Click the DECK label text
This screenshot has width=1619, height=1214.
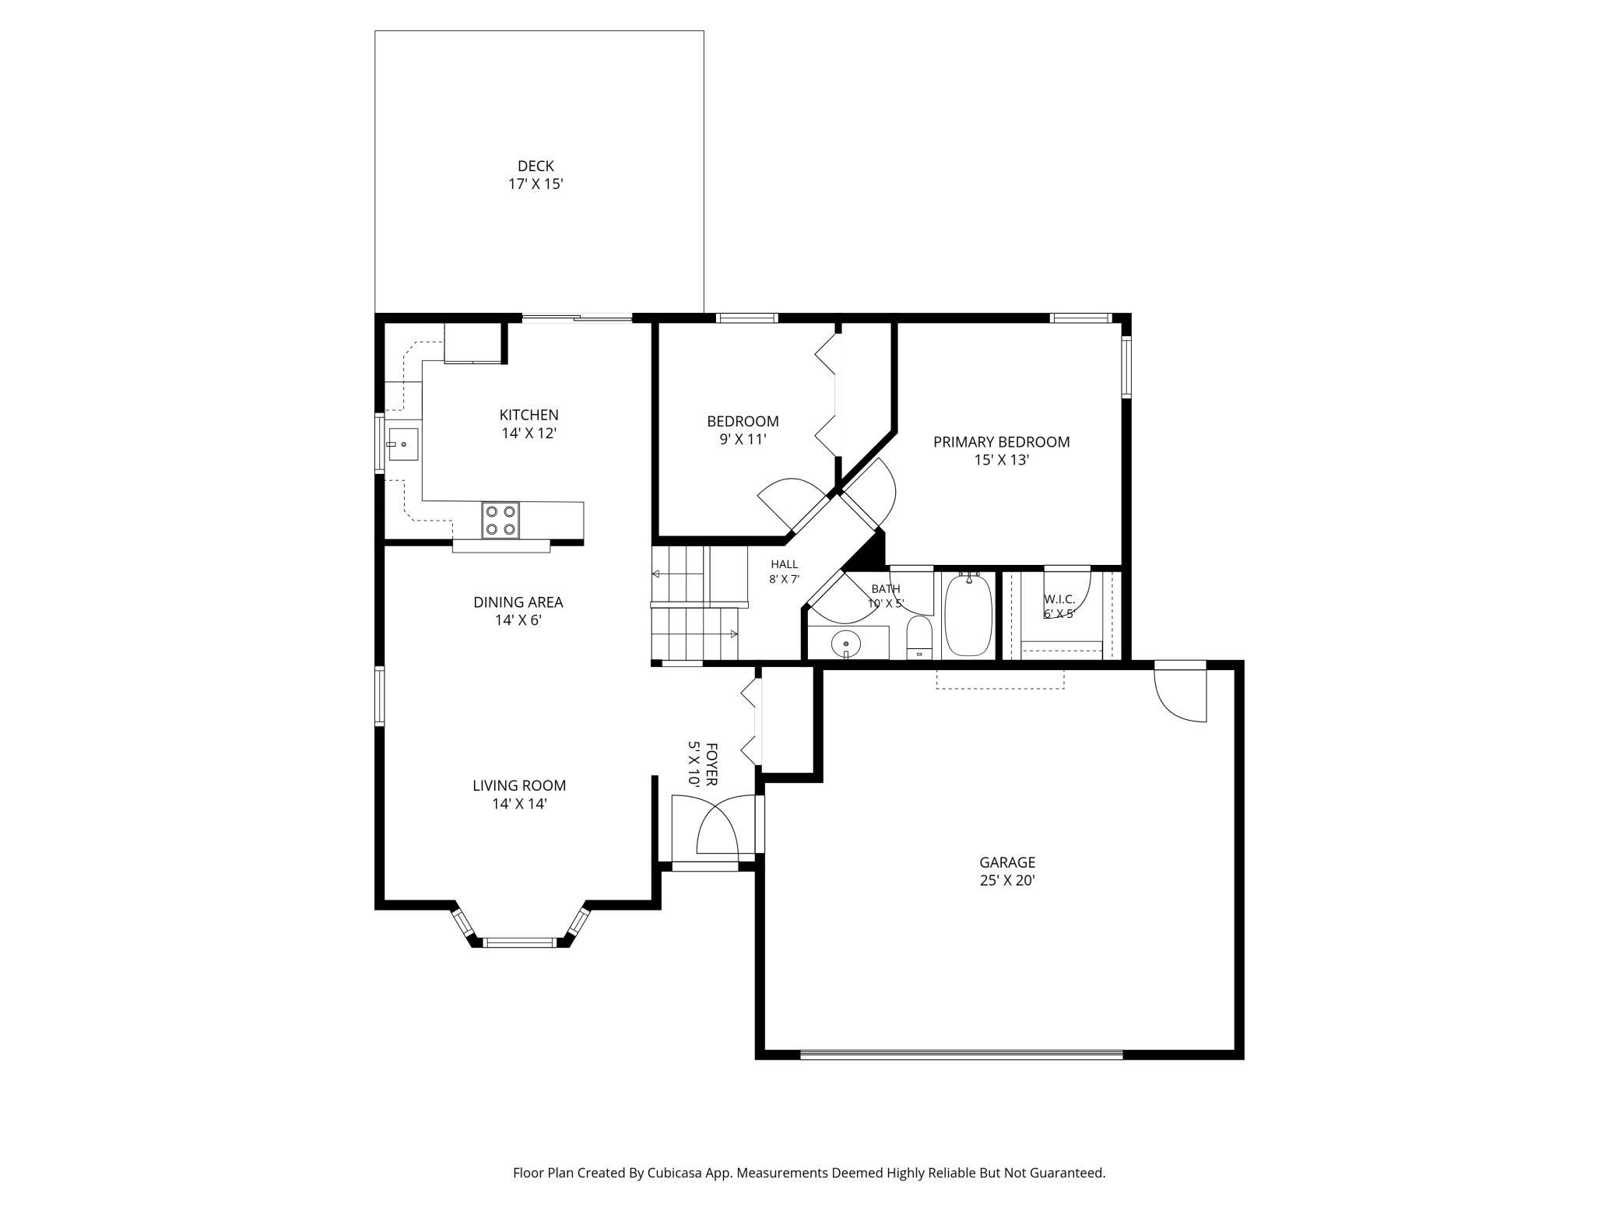pyautogui.click(x=536, y=166)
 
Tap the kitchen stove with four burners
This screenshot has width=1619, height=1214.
pyautogui.click(x=500, y=520)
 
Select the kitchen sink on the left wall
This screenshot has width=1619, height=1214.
pyautogui.click(x=403, y=444)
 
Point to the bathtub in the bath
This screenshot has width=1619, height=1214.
pyautogui.click(x=968, y=615)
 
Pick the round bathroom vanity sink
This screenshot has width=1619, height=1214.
pyautogui.click(x=845, y=644)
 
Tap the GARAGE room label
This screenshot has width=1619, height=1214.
pyautogui.click(x=1007, y=862)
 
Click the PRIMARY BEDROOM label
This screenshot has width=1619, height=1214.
pyautogui.click(x=1002, y=442)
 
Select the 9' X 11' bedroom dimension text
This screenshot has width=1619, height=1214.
pyautogui.click(x=743, y=440)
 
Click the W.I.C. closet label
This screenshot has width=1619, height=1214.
pyautogui.click(x=1059, y=599)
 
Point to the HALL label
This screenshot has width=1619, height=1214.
pyautogui.click(x=784, y=564)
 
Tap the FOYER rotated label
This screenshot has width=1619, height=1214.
pyautogui.click(x=711, y=763)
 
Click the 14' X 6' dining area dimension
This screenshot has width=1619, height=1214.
pyautogui.click(x=518, y=621)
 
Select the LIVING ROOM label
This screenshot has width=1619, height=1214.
pyautogui.click(x=519, y=786)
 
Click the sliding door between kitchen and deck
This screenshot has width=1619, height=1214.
pyautogui.click(x=577, y=318)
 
